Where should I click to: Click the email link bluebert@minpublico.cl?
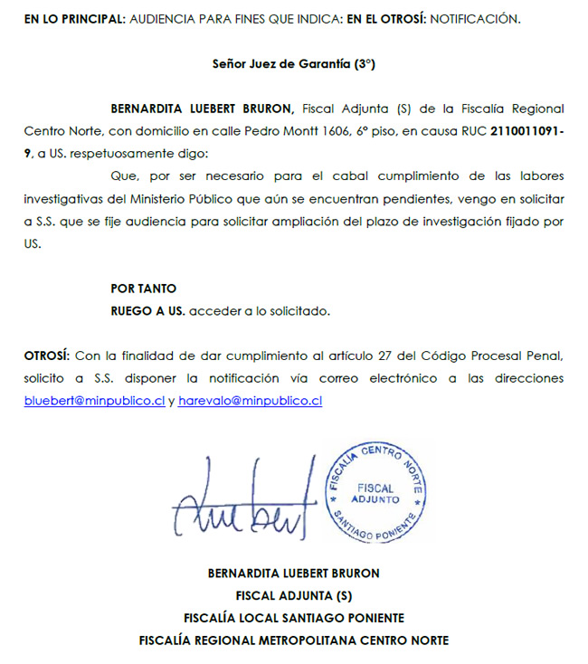coord(94,401)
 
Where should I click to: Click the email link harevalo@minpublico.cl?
coord(251,401)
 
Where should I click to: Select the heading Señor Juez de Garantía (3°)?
coord(294,65)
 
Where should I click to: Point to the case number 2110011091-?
coord(526,131)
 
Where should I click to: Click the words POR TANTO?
coord(143,289)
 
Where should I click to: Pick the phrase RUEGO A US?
coord(147,311)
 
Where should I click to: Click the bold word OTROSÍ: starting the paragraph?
coord(48,355)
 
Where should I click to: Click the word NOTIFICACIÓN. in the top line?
coord(475,19)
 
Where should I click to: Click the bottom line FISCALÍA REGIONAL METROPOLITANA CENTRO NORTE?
coord(294,640)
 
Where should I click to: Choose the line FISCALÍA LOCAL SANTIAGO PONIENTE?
coord(294,618)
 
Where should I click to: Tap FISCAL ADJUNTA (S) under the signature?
coord(294,595)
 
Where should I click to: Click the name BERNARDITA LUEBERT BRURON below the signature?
coord(294,573)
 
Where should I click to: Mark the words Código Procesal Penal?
coord(496,355)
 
